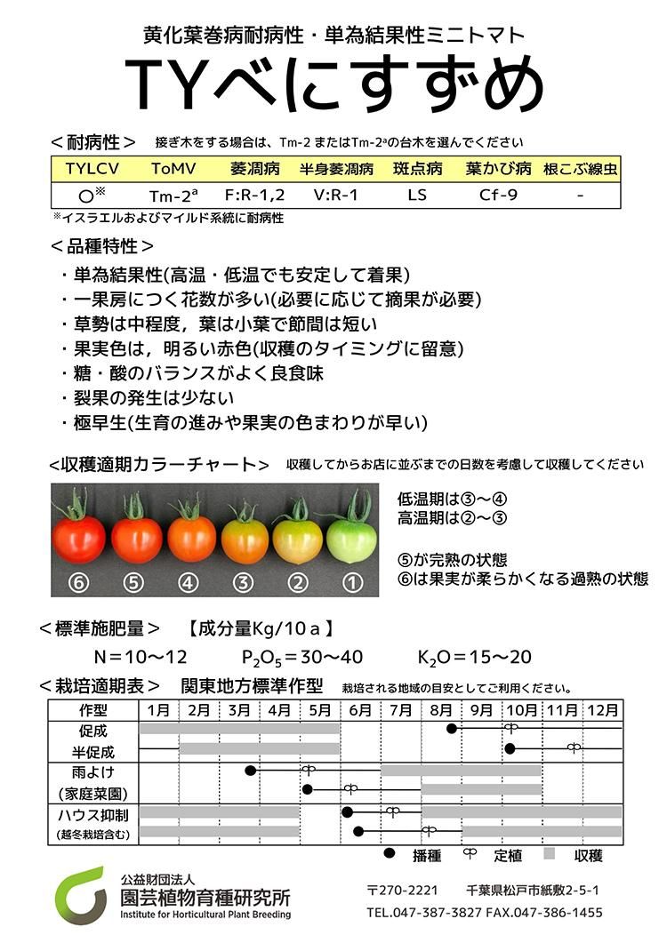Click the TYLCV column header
(92, 169)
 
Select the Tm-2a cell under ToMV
(173, 195)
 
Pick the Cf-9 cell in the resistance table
(498, 195)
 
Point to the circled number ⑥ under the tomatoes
(80, 584)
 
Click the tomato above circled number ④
(192, 537)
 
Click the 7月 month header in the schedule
(400, 710)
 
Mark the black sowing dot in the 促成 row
(452, 729)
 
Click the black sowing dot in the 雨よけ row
(251, 770)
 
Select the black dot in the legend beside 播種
(389, 855)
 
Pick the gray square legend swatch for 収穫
(550, 855)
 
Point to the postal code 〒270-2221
(402, 890)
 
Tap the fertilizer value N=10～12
(141, 658)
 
